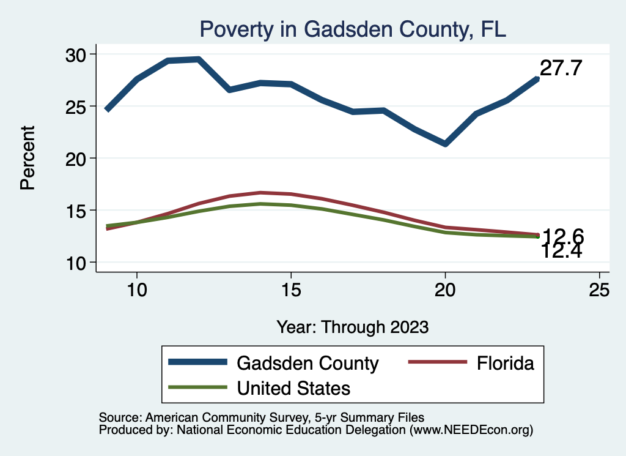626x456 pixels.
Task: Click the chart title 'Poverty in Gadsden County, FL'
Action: [x=353, y=29]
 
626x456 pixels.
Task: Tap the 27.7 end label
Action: [x=560, y=69]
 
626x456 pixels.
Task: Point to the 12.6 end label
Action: [x=563, y=236]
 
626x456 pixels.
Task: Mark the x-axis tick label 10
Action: [x=136, y=290]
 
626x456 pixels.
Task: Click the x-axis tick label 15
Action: [x=290, y=290]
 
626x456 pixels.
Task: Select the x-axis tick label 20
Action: [x=445, y=290]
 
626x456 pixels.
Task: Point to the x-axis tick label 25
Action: [x=599, y=290]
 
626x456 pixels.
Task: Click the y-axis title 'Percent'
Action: [x=28, y=157]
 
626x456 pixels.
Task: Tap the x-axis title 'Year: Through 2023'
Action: [x=352, y=327]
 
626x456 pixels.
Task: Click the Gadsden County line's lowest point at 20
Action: [x=445, y=144]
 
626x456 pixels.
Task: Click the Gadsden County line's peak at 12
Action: [x=198, y=59]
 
